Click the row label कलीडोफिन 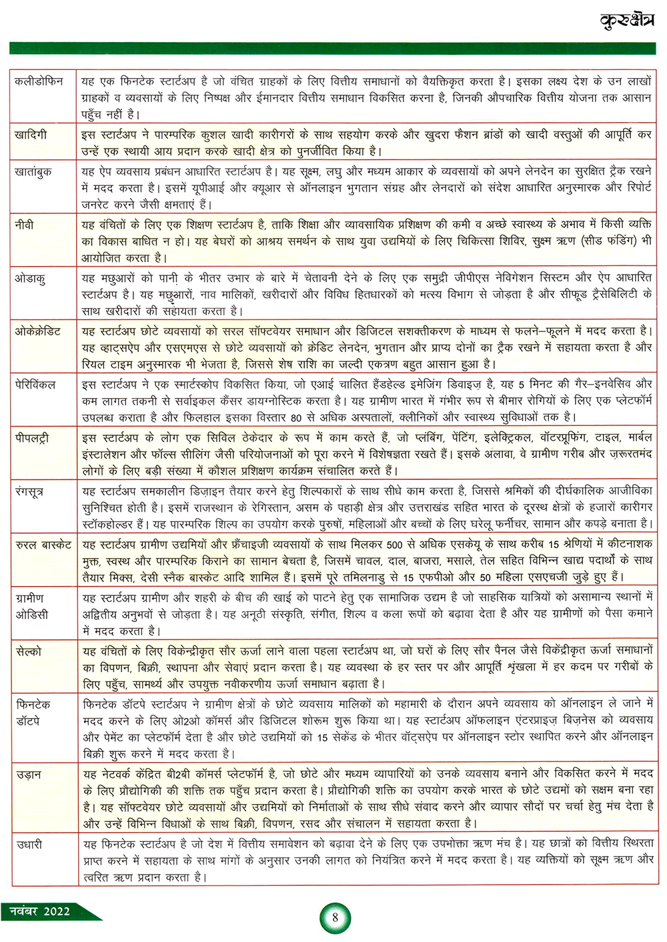coord(39,81)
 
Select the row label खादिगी coord(31,135)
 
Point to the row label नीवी coord(24,225)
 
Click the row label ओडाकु coord(30,278)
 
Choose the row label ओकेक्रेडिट coord(38,331)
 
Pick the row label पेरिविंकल coord(36,385)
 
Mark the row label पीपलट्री coord(32,439)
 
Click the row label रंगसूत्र coord(30,492)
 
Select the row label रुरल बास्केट coord(43,545)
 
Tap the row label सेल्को coord(29,651)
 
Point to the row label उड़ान coord(29,775)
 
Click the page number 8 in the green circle coord(335,917)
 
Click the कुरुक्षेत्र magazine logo coord(626,21)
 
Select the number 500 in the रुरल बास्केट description coord(395,545)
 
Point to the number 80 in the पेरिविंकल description coord(296,418)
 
